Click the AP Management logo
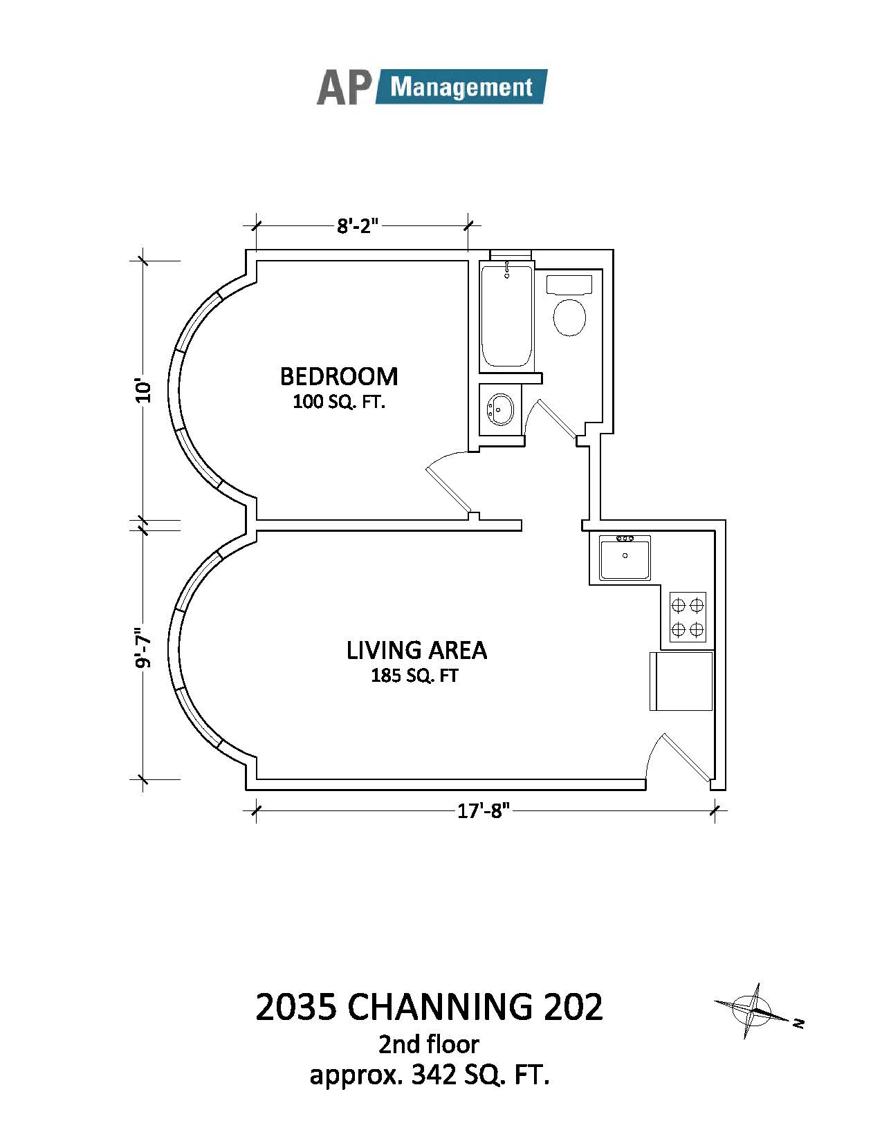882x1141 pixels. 432,86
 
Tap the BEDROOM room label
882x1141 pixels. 339,376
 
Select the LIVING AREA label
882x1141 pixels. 416,650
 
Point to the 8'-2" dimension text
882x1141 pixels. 357,226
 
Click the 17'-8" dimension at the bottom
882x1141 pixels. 484,811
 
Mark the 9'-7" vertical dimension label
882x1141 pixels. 143,649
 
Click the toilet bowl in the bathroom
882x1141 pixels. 569,317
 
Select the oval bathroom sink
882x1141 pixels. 500,409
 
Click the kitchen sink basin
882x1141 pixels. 625,557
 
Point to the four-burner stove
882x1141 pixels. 688,617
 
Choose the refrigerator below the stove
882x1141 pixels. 681,681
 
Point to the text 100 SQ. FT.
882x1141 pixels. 340,402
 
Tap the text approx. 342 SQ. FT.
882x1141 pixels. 430,1075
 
